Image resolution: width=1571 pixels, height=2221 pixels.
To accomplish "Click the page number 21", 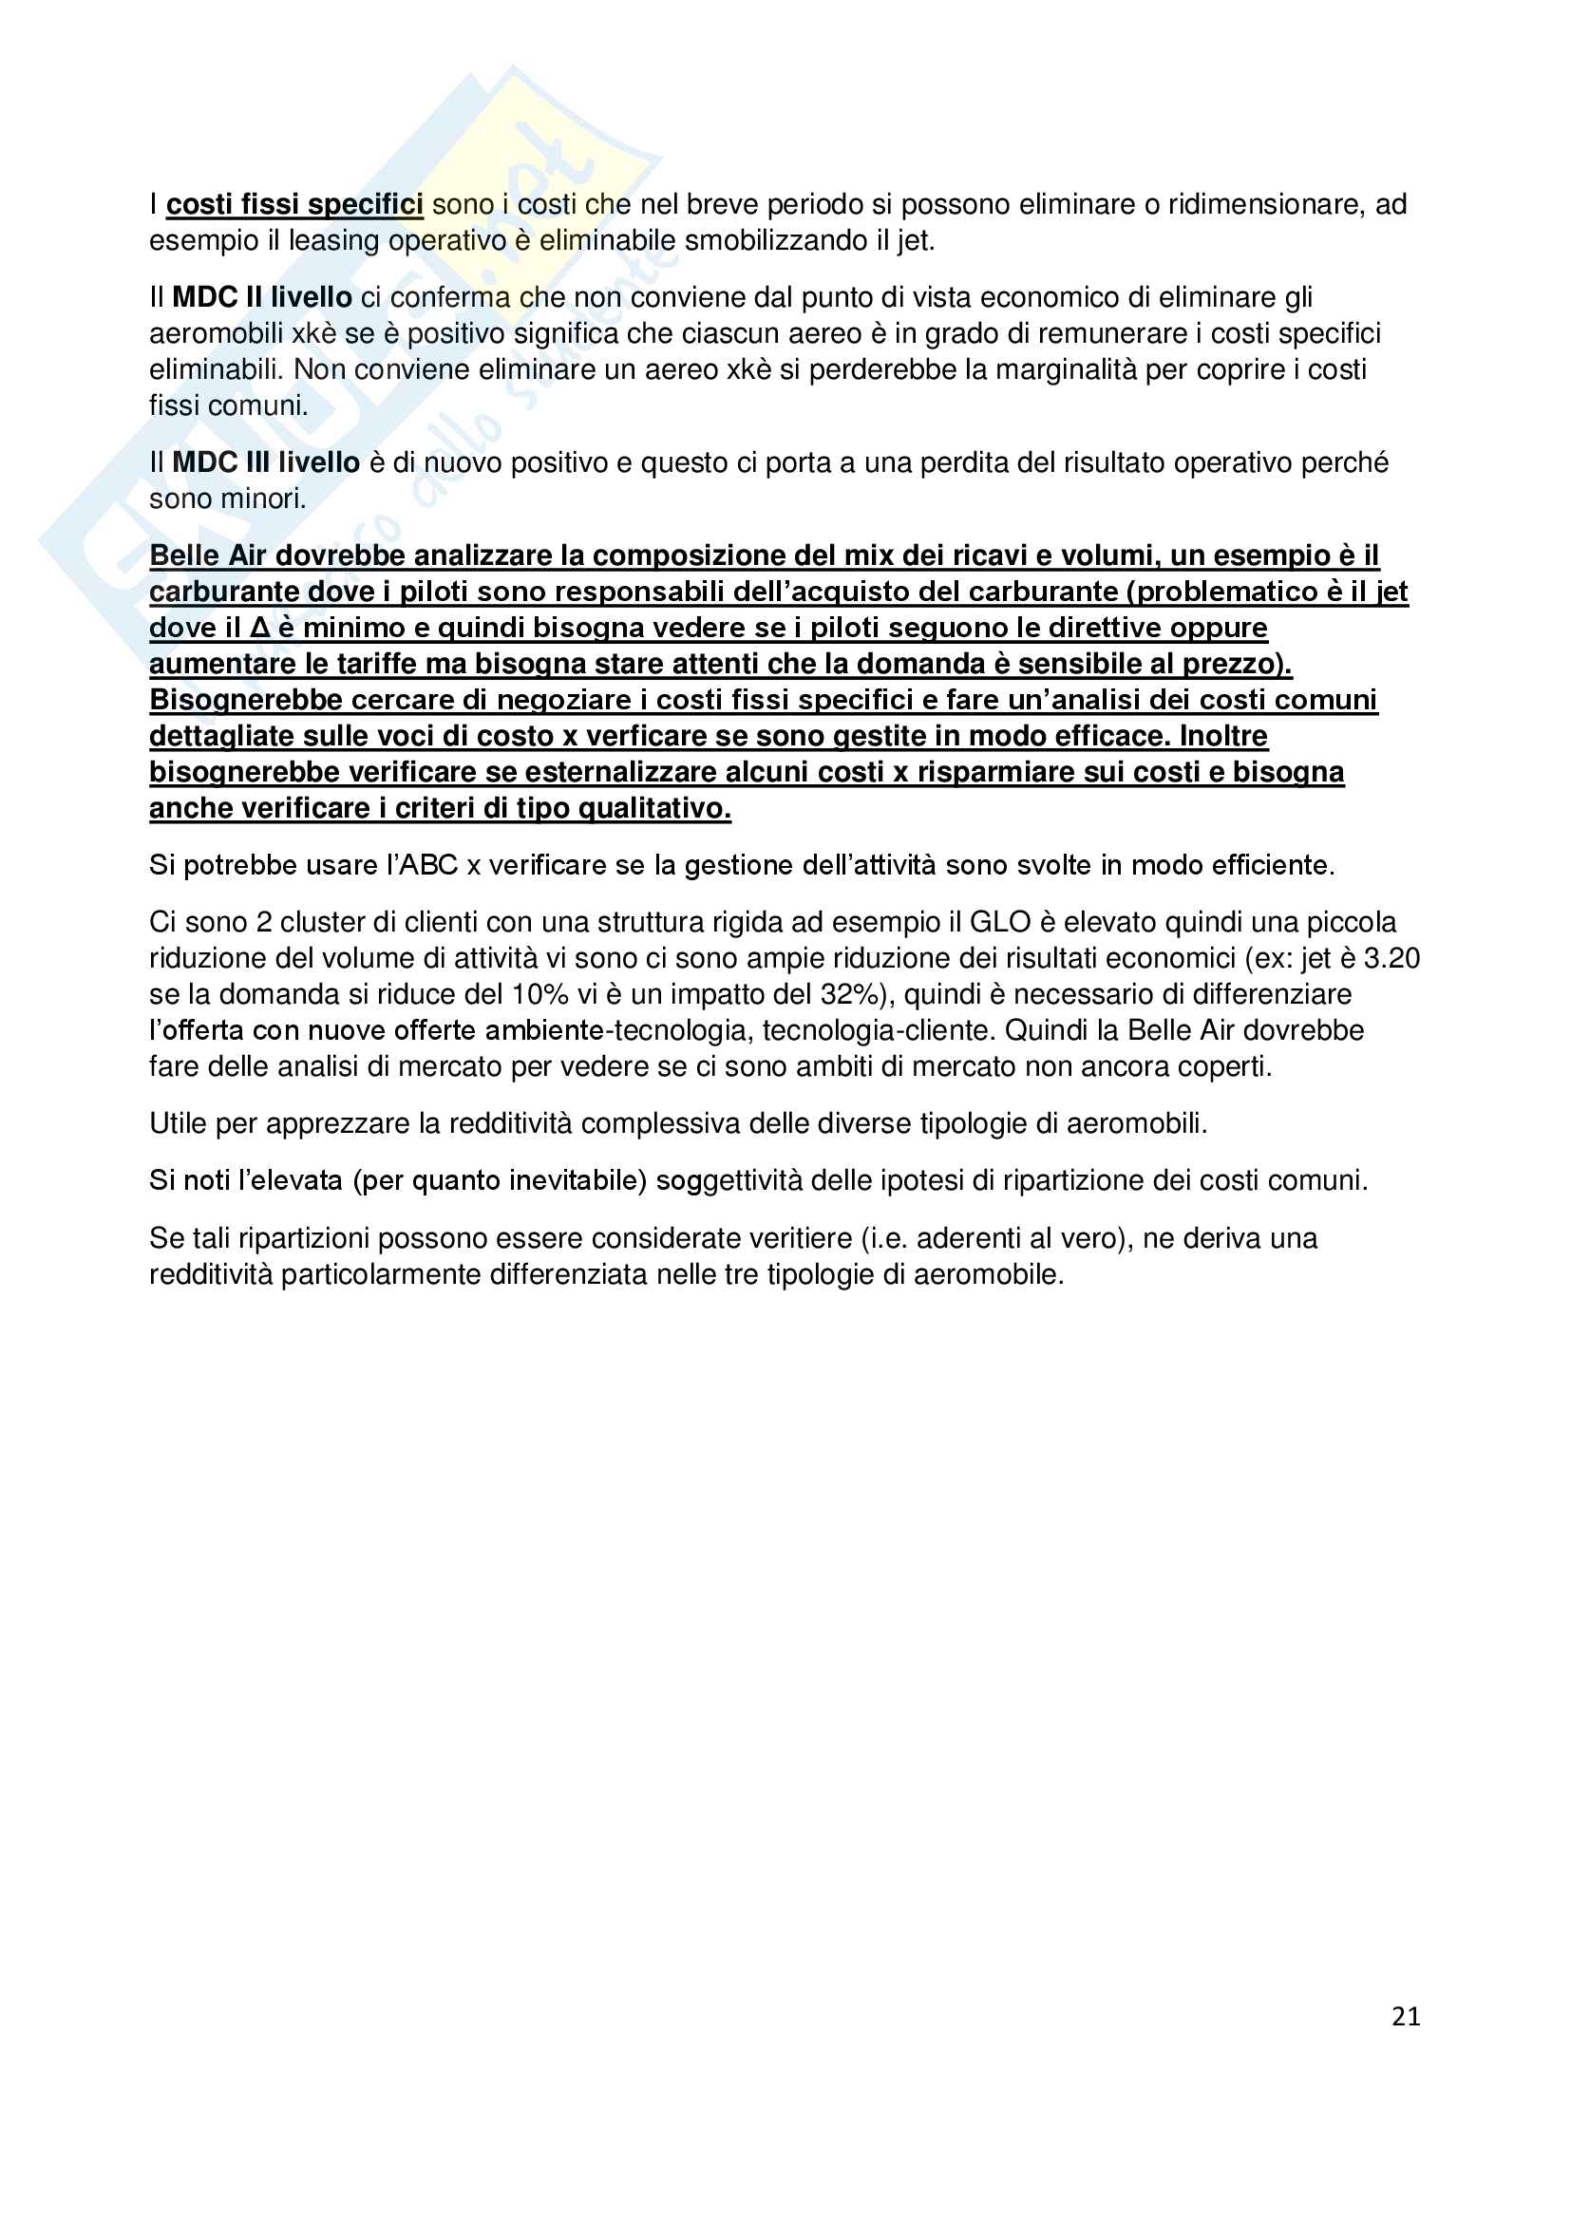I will point(1406,2016).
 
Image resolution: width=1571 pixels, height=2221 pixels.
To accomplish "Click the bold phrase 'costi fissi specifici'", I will point(294,205).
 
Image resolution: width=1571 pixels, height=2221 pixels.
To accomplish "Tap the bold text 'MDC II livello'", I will point(261,298).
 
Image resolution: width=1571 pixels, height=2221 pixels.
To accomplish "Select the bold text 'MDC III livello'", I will point(265,463).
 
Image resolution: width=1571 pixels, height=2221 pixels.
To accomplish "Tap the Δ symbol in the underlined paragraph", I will point(259,629).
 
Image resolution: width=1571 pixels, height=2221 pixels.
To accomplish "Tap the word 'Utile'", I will point(178,1124).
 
